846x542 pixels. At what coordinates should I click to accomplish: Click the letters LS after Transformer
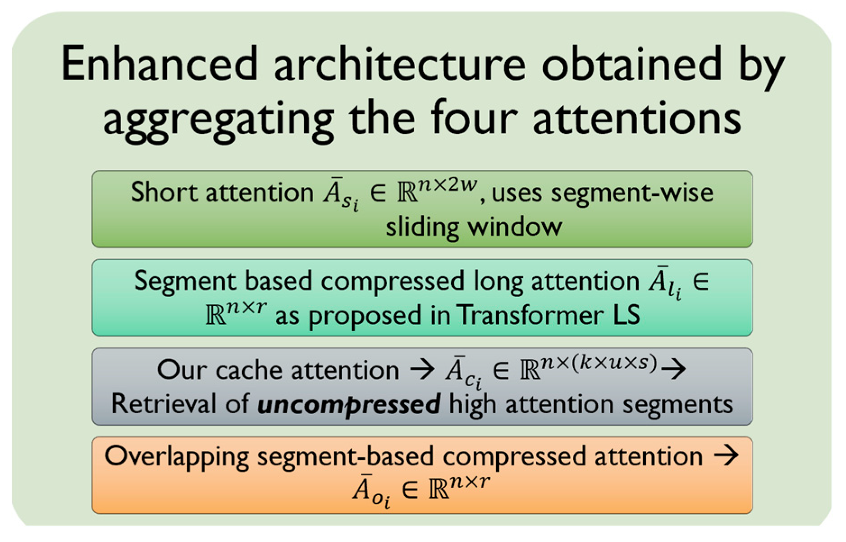pyautogui.click(x=626, y=315)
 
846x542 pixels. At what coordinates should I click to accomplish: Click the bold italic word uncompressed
pyautogui.click(x=349, y=404)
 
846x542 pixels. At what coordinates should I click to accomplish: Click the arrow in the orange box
pyautogui.click(x=726, y=455)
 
